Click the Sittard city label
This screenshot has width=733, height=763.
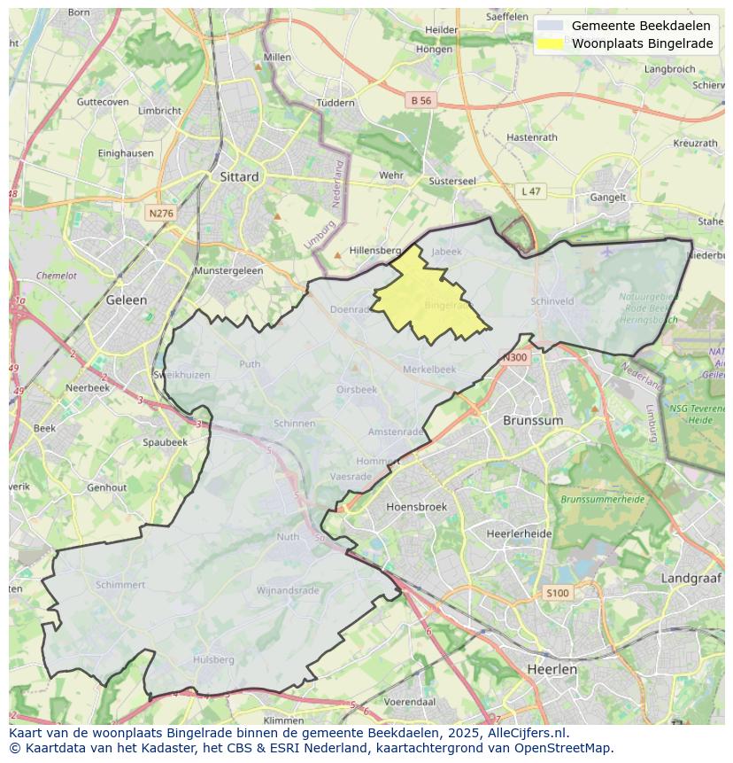(x=239, y=176)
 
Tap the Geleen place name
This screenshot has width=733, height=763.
(x=127, y=300)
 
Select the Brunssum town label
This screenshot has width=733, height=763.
(x=533, y=420)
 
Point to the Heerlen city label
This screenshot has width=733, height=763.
(x=552, y=669)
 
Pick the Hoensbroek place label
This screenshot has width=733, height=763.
(x=417, y=507)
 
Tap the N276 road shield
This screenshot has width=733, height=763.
(x=161, y=214)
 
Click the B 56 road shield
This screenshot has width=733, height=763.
(x=421, y=101)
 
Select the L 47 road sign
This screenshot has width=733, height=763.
(x=530, y=191)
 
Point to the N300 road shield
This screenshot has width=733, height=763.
(x=514, y=358)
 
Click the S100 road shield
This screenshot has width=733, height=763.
(x=558, y=593)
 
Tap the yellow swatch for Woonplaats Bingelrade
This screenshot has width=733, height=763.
(x=550, y=43)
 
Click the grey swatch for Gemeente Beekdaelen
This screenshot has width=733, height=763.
(x=550, y=26)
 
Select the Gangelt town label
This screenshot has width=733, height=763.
(x=608, y=198)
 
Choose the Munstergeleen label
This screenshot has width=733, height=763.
(x=228, y=270)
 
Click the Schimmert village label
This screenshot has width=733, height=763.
(x=120, y=585)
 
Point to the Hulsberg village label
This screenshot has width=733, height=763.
(x=213, y=659)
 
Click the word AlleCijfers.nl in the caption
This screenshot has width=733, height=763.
(x=522, y=733)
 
